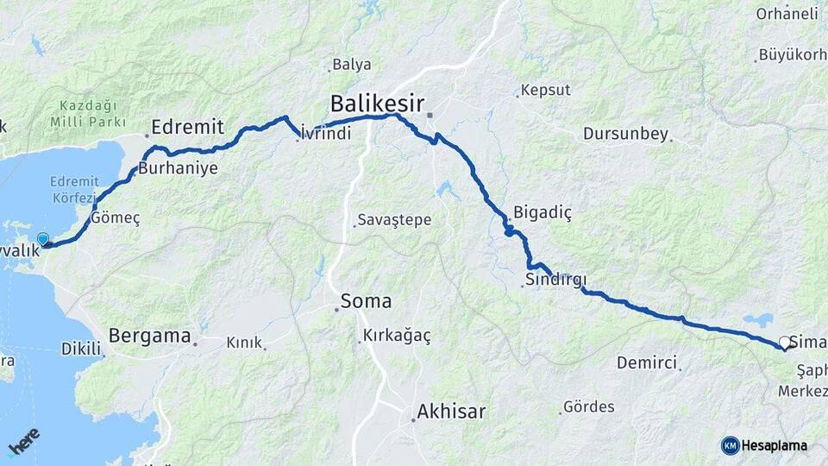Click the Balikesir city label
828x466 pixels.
377,104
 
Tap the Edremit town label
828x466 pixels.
187,128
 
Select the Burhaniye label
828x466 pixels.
178,168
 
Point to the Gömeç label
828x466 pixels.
115,218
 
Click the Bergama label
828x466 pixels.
150,337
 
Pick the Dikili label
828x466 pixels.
81,349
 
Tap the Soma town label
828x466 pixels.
366,302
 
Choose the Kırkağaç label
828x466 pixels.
397,335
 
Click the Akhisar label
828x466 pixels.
450,412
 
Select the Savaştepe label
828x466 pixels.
395,220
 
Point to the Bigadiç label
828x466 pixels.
543,212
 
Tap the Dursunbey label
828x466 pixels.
625,134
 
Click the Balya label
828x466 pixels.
352,64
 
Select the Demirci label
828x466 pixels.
646,362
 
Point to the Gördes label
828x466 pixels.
588,406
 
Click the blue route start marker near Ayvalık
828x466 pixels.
42,238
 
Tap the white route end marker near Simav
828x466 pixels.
784,343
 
